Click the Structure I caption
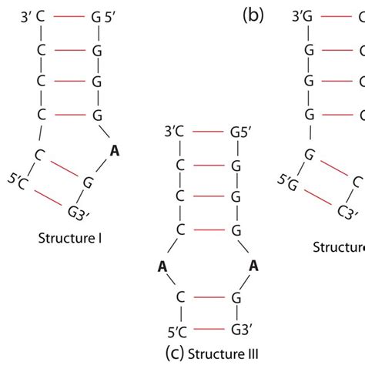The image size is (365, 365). click(x=70, y=238)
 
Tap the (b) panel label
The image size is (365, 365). click(x=253, y=15)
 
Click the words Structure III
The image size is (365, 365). click(x=212, y=353)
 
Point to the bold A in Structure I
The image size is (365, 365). click(x=115, y=152)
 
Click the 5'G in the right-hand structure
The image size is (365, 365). click(x=286, y=182)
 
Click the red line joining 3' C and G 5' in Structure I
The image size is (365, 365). click(x=68, y=15)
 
